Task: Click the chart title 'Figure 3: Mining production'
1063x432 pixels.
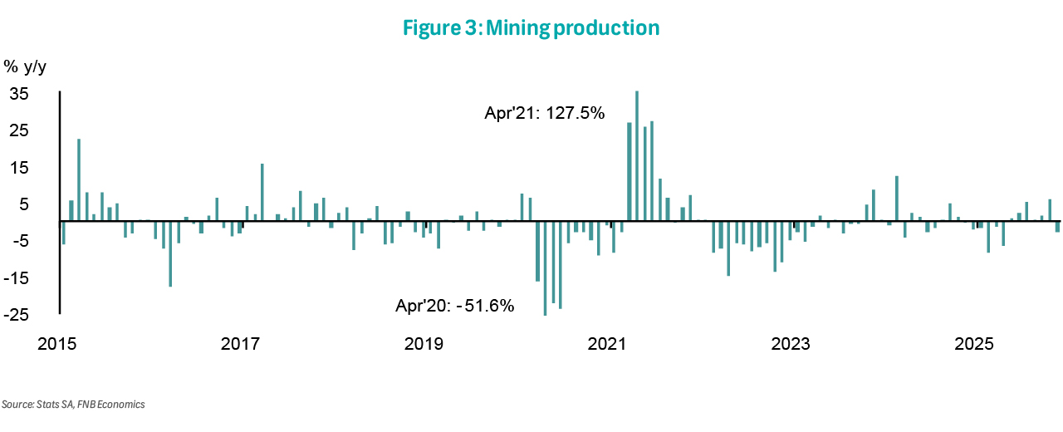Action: [x=531, y=27]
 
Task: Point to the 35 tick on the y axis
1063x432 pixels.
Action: [x=19, y=94]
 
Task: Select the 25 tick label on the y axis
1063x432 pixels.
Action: [x=19, y=130]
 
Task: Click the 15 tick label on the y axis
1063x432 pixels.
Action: [x=19, y=168]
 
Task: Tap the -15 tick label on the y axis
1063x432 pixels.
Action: [x=19, y=278]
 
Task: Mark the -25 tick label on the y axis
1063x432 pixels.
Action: [x=19, y=315]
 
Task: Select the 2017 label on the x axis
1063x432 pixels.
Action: [x=242, y=343]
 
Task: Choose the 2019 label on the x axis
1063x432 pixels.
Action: [x=425, y=343]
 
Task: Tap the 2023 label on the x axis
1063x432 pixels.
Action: [x=791, y=343]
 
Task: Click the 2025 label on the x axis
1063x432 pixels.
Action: [x=975, y=343]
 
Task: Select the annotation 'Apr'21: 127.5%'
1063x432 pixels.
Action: [x=545, y=112]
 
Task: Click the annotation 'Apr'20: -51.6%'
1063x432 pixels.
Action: [x=454, y=306]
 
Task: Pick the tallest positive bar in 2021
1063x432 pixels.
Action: [x=637, y=156]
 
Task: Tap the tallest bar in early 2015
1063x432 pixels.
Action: [x=79, y=179]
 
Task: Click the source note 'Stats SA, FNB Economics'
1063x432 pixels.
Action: [x=73, y=405]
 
